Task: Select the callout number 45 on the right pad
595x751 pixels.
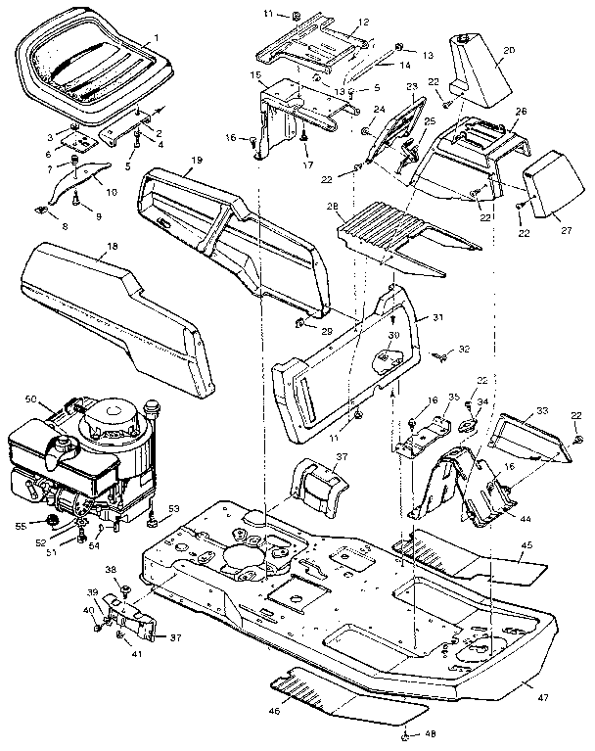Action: coord(526,544)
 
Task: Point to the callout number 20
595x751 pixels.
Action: coord(507,50)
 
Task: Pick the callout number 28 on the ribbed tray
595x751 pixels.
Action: coord(333,207)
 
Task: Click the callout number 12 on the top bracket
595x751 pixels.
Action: coord(335,22)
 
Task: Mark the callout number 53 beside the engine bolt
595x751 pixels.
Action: coord(174,507)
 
